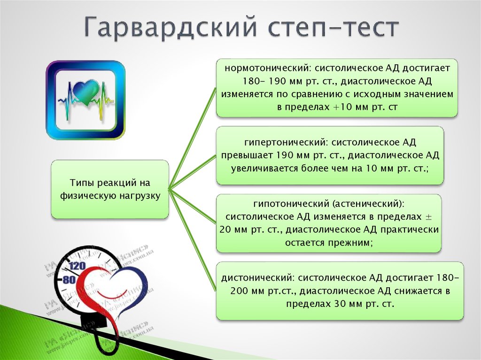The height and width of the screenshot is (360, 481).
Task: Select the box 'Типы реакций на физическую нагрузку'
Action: point(110,189)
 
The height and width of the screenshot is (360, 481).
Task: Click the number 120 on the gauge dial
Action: point(78,266)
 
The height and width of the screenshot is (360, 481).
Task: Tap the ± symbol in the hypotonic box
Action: point(428,217)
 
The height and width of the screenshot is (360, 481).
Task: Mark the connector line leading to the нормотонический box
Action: point(193,138)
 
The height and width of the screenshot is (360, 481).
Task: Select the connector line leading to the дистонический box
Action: point(193,239)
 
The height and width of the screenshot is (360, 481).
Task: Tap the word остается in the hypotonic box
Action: point(305,243)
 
